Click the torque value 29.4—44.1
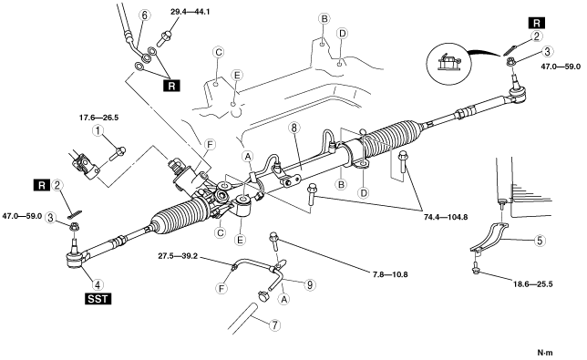point(191,12)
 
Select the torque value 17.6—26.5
point(98,118)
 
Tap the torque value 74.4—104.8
point(446,217)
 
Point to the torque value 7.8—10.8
point(390,274)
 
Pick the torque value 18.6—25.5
point(532,284)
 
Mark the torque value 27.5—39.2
point(178,257)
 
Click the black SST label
point(98,299)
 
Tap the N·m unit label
point(545,353)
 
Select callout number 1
point(98,131)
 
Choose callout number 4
point(98,284)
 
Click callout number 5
point(540,241)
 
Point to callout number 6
point(145,15)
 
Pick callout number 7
point(274,325)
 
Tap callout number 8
point(293,128)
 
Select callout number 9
point(310,284)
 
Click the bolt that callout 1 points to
point(118,153)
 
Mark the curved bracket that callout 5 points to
point(489,238)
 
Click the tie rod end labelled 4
point(77,255)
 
